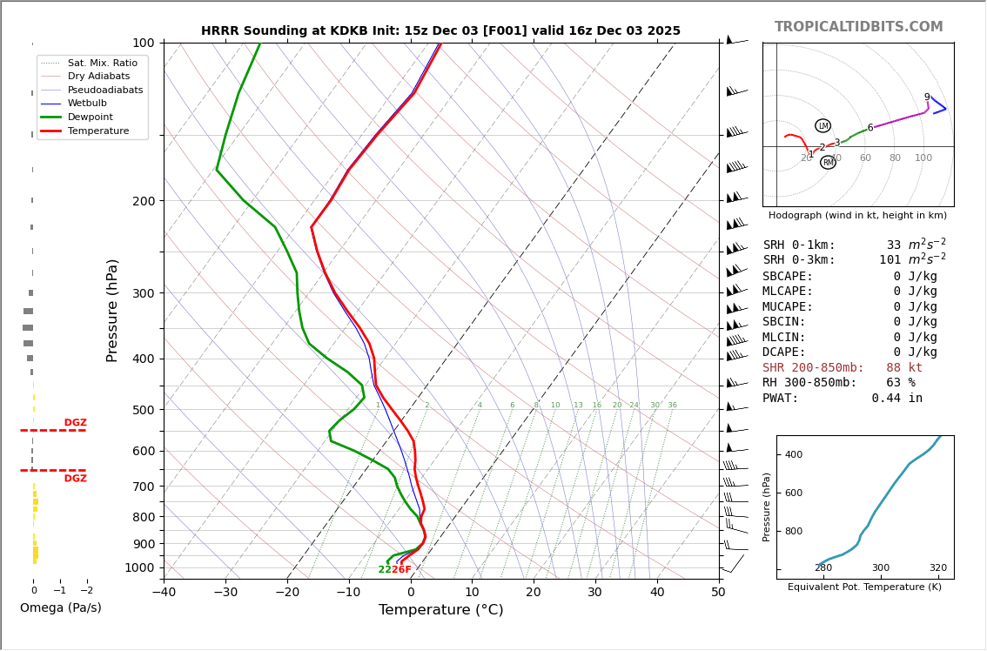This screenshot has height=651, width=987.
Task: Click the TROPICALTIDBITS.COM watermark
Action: click(x=858, y=27)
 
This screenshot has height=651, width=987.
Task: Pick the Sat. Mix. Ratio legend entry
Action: click(x=102, y=63)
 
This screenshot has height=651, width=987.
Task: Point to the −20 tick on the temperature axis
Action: click(x=287, y=593)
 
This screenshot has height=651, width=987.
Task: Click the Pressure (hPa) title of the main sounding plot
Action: click(x=112, y=310)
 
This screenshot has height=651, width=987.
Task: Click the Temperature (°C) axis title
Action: click(x=440, y=610)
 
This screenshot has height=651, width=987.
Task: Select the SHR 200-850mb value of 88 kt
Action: click(x=904, y=367)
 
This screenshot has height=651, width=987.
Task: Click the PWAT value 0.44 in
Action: click(x=896, y=398)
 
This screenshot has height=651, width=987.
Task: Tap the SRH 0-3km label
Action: click(x=798, y=260)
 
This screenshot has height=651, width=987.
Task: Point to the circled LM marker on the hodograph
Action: click(x=822, y=126)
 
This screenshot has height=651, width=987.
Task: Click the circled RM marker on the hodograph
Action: click(x=828, y=163)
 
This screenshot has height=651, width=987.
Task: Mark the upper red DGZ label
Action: click(x=75, y=423)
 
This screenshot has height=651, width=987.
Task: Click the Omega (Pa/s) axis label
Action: click(x=60, y=607)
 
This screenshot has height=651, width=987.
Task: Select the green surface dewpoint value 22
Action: click(x=385, y=570)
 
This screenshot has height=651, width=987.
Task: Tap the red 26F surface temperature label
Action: click(x=401, y=570)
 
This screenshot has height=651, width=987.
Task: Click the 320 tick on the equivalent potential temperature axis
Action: click(x=937, y=568)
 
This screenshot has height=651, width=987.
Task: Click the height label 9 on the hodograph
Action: click(x=926, y=97)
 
